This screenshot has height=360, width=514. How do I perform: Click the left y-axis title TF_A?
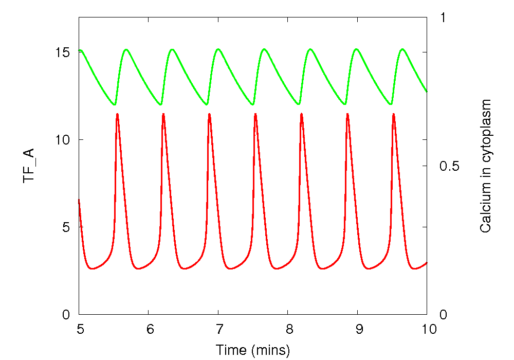(x=29, y=165)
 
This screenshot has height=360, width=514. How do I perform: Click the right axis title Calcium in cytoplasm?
(x=485, y=166)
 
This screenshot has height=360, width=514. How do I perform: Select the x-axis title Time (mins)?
(x=253, y=350)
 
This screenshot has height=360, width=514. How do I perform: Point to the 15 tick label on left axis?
(x=63, y=52)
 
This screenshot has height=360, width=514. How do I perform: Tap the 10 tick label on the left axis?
(x=63, y=140)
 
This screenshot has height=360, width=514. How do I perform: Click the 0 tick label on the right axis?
(x=443, y=314)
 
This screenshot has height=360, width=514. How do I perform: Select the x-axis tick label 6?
(x=149, y=329)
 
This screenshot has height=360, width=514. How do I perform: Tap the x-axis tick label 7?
(x=218, y=329)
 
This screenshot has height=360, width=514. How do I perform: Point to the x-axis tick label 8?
(x=287, y=329)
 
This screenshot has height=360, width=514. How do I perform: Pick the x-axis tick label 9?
(x=357, y=329)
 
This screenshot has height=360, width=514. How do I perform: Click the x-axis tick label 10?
(x=427, y=329)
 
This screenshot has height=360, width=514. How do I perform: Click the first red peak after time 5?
(x=118, y=114)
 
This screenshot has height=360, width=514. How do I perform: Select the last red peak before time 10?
(x=394, y=114)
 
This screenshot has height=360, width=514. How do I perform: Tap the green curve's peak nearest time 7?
(x=218, y=49)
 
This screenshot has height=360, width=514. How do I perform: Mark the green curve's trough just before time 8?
(x=252, y=104)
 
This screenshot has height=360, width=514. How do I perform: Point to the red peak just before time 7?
(x=210, y=114)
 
